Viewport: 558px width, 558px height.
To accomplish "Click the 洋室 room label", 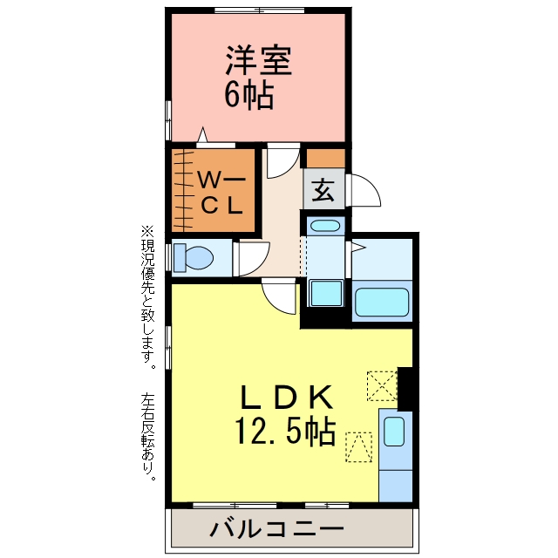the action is (x=259, y=60).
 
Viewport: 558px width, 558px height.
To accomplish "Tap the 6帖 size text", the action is (x=249, y=95).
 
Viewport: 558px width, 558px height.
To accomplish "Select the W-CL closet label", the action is (x=221, y=192).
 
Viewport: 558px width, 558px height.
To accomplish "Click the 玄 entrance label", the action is (x=323, y=189).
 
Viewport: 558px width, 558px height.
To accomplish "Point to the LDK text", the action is (x=287, y=398).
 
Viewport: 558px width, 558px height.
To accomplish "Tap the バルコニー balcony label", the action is (x=276, y=529).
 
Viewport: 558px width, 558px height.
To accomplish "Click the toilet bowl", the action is (x=194, y=257).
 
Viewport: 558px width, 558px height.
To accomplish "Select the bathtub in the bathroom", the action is (x=382, y=302).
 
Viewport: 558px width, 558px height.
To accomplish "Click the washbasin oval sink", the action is (x=325, y=226).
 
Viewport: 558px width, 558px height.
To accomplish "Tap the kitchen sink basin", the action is (x=394, y=432).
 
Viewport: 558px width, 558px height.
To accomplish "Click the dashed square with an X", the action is (x=382, y=385).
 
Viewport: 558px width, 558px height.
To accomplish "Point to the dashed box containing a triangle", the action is (x=359, y=447).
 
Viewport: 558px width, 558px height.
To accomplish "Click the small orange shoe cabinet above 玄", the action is (x=325, y=159).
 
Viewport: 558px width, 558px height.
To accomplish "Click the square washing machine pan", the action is (x=326, y=293).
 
